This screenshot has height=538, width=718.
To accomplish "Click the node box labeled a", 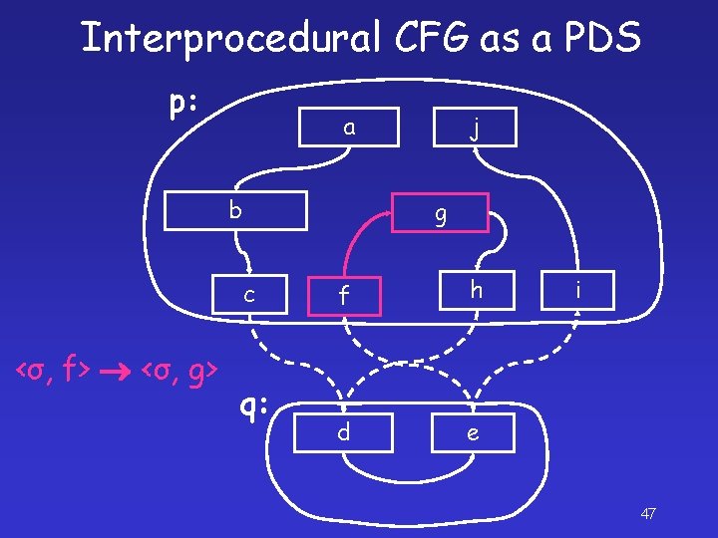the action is pos(348,127).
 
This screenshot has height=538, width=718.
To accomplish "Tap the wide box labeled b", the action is pos(234,211).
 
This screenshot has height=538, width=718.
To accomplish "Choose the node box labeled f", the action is pos(343,295).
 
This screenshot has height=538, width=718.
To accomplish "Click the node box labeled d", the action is pos(343,433).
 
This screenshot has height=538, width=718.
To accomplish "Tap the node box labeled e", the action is pos(473,433).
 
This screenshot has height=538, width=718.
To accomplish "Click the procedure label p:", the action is pos(182,103).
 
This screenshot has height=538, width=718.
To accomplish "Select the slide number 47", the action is pos(647,514).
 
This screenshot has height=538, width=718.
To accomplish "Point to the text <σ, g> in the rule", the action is pos(180,373).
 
